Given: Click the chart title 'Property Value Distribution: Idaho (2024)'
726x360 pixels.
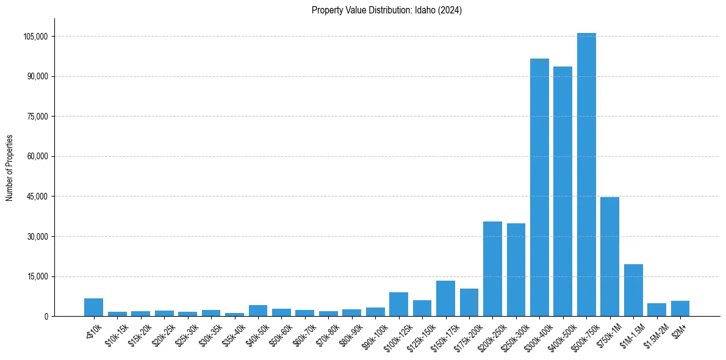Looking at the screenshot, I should click(x=386, y=10).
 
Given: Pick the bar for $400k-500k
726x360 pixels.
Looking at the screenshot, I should click(x=562, y=192).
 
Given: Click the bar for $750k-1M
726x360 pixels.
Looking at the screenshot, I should click(x=609, y=256).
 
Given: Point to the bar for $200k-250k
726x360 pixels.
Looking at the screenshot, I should click(x=492, y=269).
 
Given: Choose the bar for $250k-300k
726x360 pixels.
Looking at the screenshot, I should click(x=516, y=270).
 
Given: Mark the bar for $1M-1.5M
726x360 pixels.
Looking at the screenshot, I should click(x=633, y=290).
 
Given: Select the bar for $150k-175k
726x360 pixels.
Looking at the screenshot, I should click(x=445, y=298).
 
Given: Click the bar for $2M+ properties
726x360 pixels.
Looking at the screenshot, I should click(x=680, y=309).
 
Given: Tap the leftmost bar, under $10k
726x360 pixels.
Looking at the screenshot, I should click(x=93, y=308).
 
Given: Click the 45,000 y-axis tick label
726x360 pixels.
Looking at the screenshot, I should click(x=37, y=196).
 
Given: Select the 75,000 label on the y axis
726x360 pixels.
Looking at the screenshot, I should click(x=37, y=117).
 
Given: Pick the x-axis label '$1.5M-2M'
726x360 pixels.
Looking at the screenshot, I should click(x=654, y=333).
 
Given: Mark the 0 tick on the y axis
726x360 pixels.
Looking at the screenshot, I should click(x=45, y=317).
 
